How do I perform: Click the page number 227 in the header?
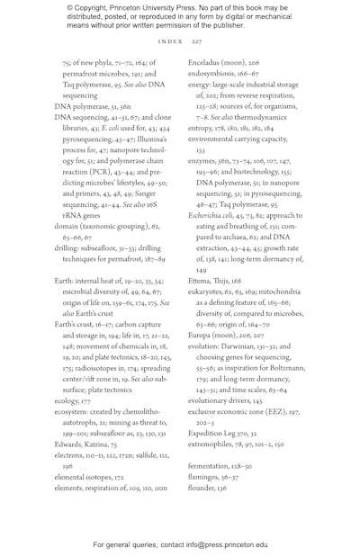point(196,41)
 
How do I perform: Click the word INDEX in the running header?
point(170,41)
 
